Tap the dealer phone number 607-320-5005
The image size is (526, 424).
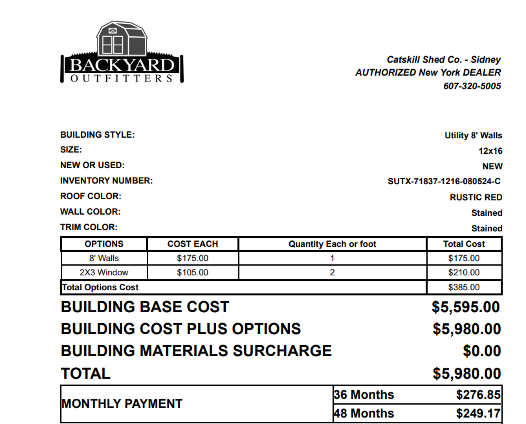(x=472, y=86)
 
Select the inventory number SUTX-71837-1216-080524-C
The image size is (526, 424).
(x=444, y=182)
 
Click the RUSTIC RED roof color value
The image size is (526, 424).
(x=476, y=197)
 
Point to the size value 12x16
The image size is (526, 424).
(x=490, y=151)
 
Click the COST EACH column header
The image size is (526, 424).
(x=193, y=244)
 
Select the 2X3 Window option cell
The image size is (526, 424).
(x=104, y=273)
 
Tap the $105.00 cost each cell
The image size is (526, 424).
(x=193, y=273)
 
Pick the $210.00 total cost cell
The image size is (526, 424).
(x=464, y=273)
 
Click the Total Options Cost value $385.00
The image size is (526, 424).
(x=464, y=288)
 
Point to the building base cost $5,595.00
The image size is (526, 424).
(x=466, y=308)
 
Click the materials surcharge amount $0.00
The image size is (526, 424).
(x=482, y=351)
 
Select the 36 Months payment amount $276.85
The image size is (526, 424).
(x=478, y=394)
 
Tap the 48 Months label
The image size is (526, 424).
(x=364, y=413)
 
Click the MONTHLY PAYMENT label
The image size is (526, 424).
(x=122, y=404)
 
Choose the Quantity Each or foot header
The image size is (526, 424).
(x=332, y=244)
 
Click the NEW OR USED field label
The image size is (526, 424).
(x=93, y=165)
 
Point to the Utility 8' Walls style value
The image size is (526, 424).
(x=473, y=136)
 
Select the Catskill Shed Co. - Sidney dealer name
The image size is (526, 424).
(x=443, y=59)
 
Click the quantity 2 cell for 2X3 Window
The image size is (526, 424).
(x=332, y=273)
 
